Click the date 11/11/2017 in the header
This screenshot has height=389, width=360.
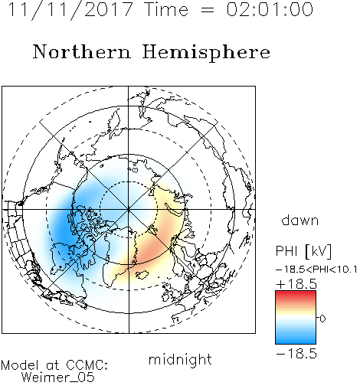(70, 10)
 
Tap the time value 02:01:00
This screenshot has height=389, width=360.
(270, 9)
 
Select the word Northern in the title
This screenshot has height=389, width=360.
(82, 52)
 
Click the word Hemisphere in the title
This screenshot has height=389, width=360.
(206, 53)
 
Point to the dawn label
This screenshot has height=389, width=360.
(300, 220)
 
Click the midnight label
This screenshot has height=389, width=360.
(180, 359)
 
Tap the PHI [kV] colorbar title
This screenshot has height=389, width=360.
(304, 251)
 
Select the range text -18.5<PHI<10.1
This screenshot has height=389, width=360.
(316, 270)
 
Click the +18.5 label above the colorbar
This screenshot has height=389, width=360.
(296, 284)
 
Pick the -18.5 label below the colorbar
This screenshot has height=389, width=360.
(296, 354)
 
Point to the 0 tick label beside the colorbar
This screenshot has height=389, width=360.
(322, 319)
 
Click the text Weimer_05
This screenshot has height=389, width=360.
(58, 378)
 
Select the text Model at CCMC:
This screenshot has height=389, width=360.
(54, 365)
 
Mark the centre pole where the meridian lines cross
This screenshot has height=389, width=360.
(129, 209)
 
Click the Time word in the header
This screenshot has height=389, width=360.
(166, 10)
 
